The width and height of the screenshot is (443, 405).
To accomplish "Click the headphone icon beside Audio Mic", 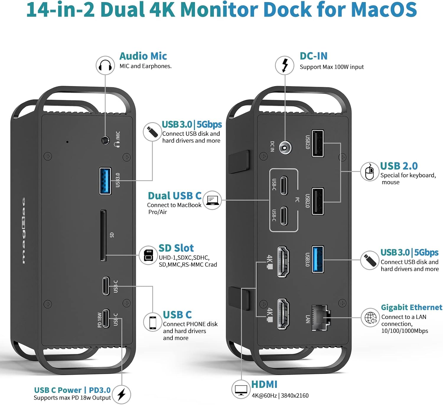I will (x=105, y=65).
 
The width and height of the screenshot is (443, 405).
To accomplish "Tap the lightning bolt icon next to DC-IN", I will (x=285, y=65).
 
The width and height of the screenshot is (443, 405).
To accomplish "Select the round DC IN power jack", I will (x=285, y=147).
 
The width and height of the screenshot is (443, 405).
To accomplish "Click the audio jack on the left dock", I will (x=105, y=140).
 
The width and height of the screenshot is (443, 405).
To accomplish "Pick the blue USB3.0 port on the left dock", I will (x=105, y=181).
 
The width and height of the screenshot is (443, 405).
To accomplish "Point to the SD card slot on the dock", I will (x=103, y=236).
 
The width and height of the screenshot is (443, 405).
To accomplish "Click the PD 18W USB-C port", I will (x=106, y=318).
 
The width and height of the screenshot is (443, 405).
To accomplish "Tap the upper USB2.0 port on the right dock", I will (x=318, y=143).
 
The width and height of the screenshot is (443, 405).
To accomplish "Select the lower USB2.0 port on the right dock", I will (x=318, y=201).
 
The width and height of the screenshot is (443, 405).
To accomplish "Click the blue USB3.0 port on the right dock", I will (x=318, y=259).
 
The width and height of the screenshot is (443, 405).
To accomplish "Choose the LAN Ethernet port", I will (x=321, y=318).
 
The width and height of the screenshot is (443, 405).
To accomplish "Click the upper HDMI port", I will (x=283, y=262).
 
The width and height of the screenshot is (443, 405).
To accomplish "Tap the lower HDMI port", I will (x=283, y=314).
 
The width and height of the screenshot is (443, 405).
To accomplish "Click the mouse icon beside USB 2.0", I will (x=369, y=172).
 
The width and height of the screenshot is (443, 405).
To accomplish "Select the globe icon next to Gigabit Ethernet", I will (x=370, y=318).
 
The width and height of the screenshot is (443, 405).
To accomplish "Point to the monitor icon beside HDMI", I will (x=241, y=390).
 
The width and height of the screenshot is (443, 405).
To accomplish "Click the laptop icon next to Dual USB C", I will (x=212, y=200).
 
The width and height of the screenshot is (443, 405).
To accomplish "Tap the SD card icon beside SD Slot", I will (x=148, y=255).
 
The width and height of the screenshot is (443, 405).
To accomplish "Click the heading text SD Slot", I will (x=176, y=248).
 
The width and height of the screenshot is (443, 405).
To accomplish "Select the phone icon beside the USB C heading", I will (x=153, y=322).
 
